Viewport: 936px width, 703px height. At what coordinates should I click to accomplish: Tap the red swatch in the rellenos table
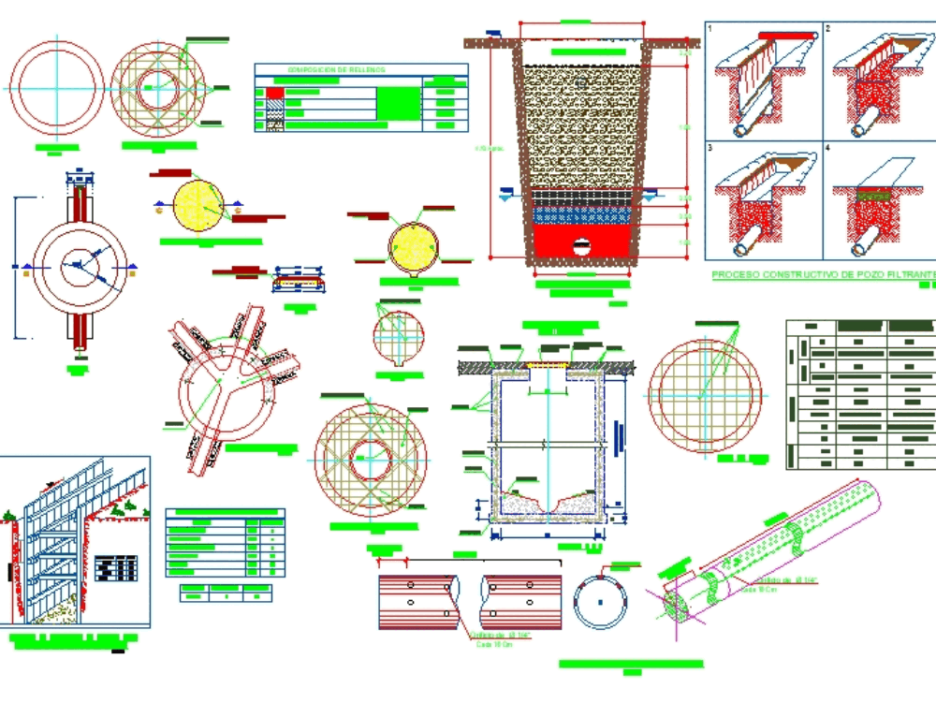274,94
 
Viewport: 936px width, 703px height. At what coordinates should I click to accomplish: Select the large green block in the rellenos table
398,100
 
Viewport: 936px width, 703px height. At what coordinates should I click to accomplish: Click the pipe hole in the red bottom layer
582,248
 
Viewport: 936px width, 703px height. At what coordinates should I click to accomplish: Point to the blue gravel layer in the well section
580,214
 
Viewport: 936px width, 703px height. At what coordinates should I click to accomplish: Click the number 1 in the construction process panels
711,30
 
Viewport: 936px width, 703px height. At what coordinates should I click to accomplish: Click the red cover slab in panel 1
785,35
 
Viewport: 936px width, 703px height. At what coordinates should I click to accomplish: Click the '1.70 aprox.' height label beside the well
489,148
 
